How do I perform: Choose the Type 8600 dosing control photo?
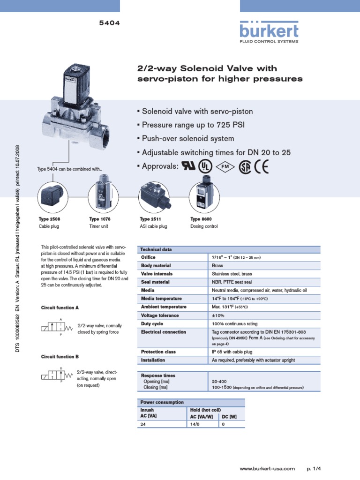tap(202, 195)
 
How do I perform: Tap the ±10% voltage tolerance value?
tap(219, 315)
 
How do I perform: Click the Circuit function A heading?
tap(60, 308)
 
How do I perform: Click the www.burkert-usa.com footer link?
tap(267, 468)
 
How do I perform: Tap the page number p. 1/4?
tap(313, 468)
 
